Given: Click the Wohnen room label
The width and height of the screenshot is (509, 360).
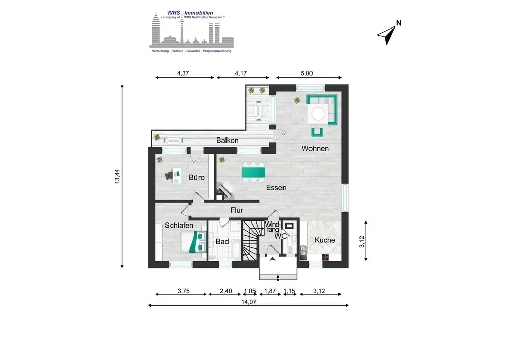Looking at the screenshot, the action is [x=315, y=148].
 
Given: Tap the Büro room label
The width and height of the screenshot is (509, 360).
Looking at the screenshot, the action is [x=196, y=177].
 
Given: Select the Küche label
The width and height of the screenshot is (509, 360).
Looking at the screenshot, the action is [x=325, y=240].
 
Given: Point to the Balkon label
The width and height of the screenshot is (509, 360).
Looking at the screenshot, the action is [x=227, y=140].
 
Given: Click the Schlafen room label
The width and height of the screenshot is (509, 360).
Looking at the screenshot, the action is [x=179, y=225].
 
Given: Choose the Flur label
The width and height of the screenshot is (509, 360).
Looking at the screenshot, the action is [x=237, y=210].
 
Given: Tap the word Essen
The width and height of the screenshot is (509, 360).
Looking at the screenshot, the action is [x=276, y=187].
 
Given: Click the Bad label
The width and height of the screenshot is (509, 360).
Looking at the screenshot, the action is [x=222, y=241].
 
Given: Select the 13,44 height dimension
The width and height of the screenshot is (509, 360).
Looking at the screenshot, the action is [x=117, y=176].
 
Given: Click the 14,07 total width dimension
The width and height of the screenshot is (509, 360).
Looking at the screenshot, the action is [x=249, y=302].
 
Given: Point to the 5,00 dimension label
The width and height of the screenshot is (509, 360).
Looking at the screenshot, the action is [x=306, y=73].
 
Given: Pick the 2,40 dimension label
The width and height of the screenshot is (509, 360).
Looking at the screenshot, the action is [x=225, y=291].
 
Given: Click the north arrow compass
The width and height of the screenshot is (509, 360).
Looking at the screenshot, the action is [x=389, y=33].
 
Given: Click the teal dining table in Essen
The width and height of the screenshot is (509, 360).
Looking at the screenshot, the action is [x=253, y=172].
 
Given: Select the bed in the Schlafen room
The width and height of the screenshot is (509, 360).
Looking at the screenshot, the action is [x=193, y=241].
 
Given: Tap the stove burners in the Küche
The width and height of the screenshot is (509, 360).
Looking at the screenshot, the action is [x=326, y=257].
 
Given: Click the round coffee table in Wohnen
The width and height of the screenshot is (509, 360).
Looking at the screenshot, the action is [x=318, y=114].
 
